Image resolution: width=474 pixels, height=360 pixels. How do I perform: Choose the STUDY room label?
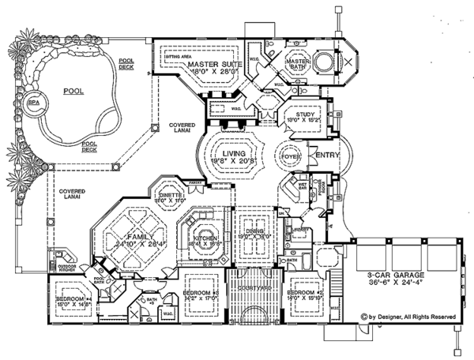tap(304, 114)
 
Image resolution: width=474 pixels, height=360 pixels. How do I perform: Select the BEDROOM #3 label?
tap(201, 293)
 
